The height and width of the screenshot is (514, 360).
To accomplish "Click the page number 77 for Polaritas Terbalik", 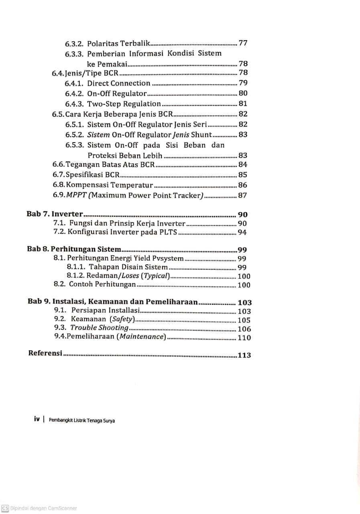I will tap(243, 43).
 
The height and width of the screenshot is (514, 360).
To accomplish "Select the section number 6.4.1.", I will tap(74, 83).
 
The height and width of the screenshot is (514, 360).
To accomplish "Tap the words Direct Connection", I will tap(119, 83).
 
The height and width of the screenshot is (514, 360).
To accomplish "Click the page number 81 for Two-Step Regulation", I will tap(243, 104).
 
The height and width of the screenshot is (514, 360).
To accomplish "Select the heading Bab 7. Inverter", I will tap(55, 214).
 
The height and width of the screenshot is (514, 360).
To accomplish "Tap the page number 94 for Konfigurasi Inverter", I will tap(242, 232).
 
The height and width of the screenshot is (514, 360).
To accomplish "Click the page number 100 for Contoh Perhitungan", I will tap(244, 285).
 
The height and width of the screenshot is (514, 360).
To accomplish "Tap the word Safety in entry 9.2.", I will tap(122, 319).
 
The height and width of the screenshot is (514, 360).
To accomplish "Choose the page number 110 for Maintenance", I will tap(244, 338).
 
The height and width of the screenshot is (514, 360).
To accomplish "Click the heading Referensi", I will tap(45, 354).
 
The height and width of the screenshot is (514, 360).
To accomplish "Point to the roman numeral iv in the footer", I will tap(37, 419).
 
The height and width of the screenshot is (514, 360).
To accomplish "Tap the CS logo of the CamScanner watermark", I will tap(5, 508).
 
